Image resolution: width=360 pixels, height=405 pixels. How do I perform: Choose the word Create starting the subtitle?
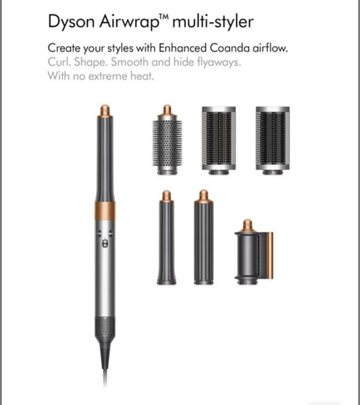coord(64,48)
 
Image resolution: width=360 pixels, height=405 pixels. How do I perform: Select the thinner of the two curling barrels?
coord(166,243)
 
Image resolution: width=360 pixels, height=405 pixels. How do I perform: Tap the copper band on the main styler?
coord(105,211)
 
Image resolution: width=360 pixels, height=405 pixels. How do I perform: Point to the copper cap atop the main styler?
coord(105,110)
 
